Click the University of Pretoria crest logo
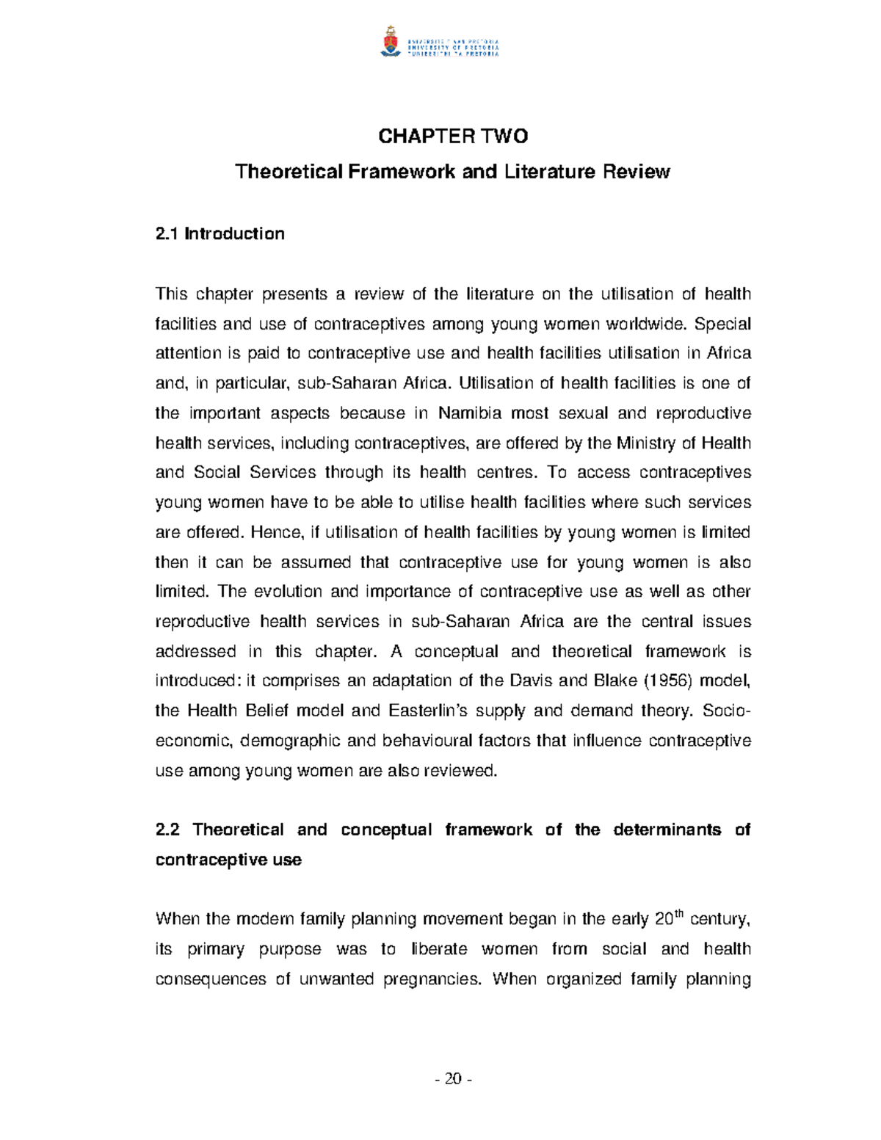pyautogui.click(x=390, y=42)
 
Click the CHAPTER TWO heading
pyautogui.click(x=452, y=137)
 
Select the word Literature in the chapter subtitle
pyautogui.click(x=550, y=172)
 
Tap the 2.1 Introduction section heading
pyautogui.click(x=220, y=234)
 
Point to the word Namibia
pyautogui.click(x=470, y=413)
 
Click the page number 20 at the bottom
pyautogui.click(x=453, y=1078)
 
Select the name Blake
pyautogui.click(x=615, y=680)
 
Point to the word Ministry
pyautogui.click(x=645, y=443)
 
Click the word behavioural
pyautogui.click(x=427, y=741)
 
